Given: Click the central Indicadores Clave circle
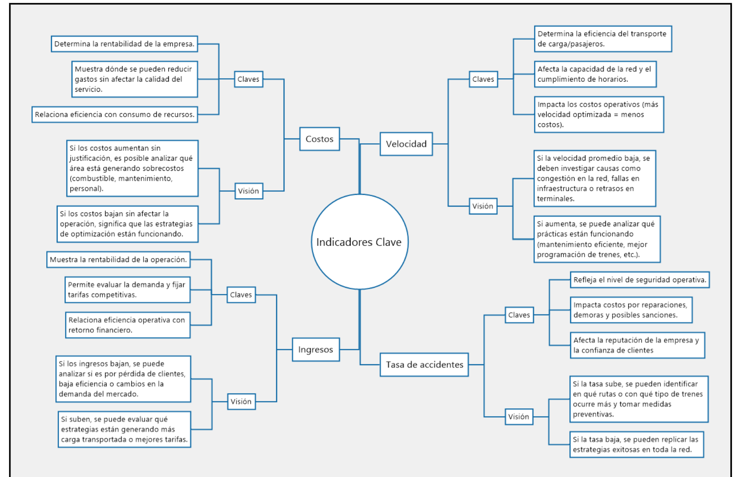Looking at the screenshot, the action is tap(359, 242).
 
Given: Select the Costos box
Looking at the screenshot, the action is tap(319, 139).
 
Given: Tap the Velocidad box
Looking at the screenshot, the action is tap(406, 144).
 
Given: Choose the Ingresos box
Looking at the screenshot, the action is tap(316, 349).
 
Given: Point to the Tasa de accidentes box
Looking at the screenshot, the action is tap(424, 365).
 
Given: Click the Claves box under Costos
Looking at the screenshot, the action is tap(248, 79).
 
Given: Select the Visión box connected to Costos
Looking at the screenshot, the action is tap(249, 191).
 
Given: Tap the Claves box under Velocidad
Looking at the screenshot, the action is tap(483, 79).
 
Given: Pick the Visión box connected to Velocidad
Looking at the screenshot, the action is tap(483, 206).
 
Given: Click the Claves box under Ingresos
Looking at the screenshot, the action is tap(241, 295).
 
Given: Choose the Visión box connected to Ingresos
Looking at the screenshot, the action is tap(241, 402).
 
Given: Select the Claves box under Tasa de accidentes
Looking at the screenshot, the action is tap(519, 315).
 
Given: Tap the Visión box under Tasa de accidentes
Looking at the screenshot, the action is tap(519, 417).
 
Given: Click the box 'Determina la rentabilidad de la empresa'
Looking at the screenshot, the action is tap(124, 44).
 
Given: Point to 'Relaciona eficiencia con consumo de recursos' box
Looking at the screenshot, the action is tap(115, 114).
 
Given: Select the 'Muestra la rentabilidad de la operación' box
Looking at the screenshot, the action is tap(118, 259).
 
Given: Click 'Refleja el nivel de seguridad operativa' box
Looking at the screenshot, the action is tap(640, 280).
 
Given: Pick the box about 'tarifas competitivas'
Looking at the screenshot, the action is tap(127, 290).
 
